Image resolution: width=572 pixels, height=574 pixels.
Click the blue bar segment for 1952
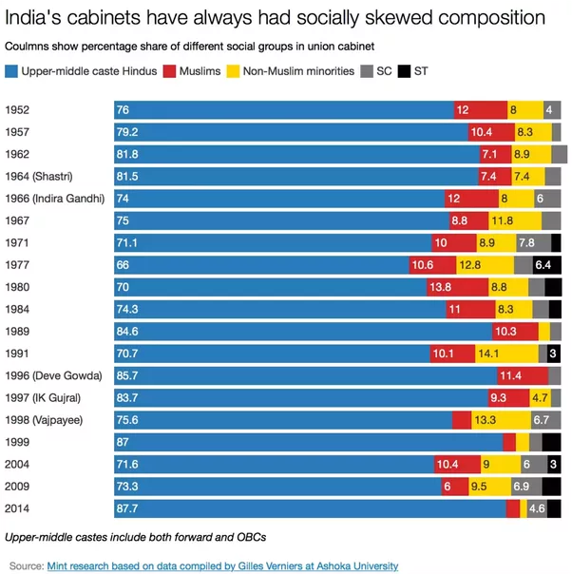283,110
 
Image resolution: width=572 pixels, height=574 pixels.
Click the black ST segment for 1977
547,265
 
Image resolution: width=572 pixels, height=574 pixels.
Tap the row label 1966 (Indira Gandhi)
54,199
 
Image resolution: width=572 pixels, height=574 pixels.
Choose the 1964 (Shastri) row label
39,177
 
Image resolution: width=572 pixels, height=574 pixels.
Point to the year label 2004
19,465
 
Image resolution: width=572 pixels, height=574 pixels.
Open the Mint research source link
222,565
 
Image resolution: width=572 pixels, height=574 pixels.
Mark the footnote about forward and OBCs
135,537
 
